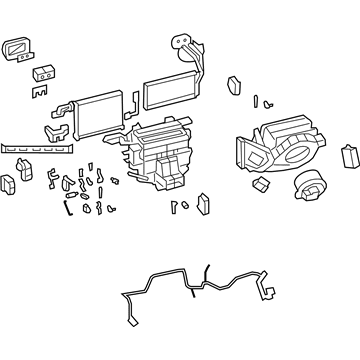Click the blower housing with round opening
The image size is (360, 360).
[275, 145]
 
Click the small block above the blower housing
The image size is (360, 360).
[235, 85]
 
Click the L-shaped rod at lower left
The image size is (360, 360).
[67, 208]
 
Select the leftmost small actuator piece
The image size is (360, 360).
[9, 184]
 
